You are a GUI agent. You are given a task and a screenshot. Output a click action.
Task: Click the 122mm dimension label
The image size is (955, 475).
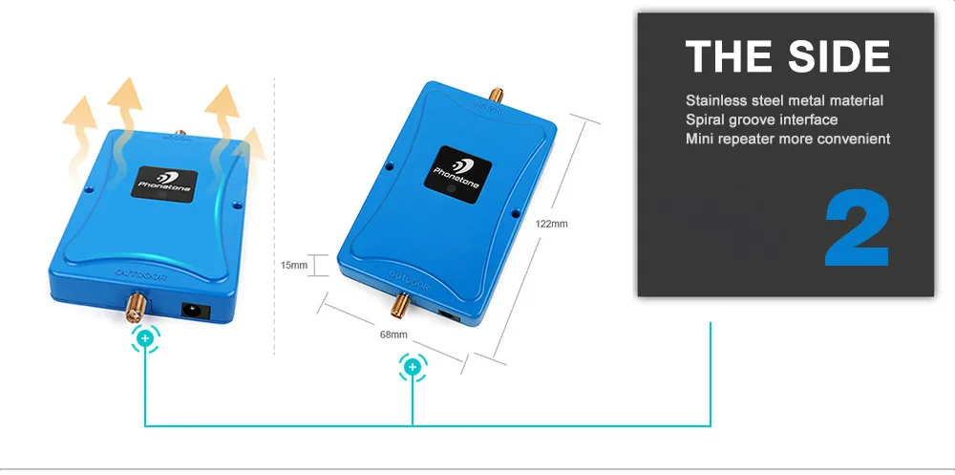pyautogui.click(x=552, y=223)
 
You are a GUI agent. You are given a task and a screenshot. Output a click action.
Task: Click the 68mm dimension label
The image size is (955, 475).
pyautogui.click(x=393, y=335)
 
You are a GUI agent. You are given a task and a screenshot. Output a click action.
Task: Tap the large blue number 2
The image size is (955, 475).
pyautogui.click(x=857, y=229)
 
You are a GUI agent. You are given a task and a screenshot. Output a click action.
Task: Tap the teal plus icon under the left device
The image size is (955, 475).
pyautogui.click(x=145, y=338)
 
